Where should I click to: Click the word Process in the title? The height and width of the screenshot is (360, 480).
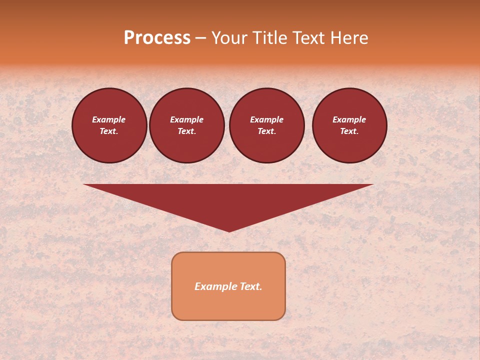(x=157, y=38)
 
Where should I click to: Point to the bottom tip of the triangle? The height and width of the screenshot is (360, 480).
(x=228, y=230)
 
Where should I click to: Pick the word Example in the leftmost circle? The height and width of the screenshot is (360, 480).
(x=109, y=120)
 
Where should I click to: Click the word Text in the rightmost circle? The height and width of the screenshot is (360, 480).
(x=349, y=131)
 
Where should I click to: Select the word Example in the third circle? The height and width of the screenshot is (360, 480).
(x=266, y=120)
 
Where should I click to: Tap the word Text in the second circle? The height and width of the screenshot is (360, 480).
(x=186, y=131)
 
